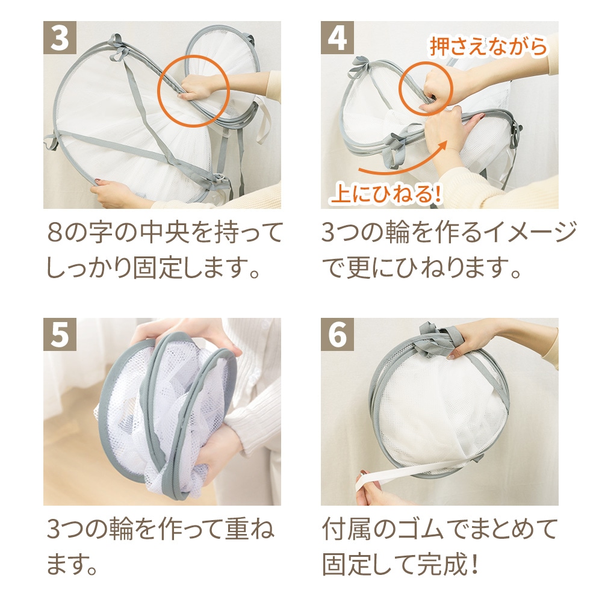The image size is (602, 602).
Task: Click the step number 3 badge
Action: click(60, 37)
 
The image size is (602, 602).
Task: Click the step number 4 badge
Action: click(337, 37)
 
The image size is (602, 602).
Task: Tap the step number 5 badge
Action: click(60, 334)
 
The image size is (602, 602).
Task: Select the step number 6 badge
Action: click(337, 334)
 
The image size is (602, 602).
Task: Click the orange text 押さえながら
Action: click(488, 47)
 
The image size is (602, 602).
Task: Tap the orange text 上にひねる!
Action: click(385, 193)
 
